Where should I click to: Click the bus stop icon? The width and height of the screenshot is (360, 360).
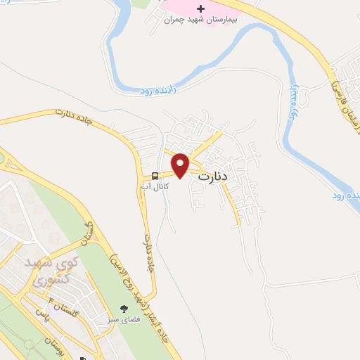tap(154, 175)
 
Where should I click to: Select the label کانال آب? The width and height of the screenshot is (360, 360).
tap(154, 187)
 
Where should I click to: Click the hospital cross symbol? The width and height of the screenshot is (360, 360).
tap(200, 9)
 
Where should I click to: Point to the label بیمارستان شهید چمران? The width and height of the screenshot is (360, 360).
tap(200, 20)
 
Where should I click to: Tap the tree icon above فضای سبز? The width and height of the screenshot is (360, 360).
tap(125, 309)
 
